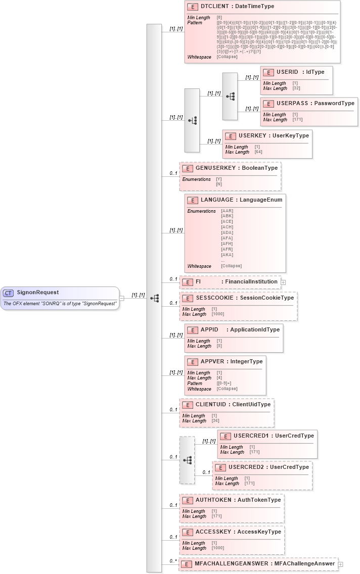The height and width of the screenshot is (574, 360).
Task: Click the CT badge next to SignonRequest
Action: click(x=9, y=293)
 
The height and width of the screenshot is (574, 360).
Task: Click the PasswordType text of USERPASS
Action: click(x=332, y=104)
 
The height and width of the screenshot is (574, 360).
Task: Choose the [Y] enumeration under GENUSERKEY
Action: click(x=218, y=179)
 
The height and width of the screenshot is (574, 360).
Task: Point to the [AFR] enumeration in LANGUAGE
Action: click(x=227, y=249)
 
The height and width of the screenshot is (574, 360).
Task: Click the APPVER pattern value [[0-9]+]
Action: click(x=224, y=384)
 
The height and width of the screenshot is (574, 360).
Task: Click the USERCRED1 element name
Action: click(x=251, y=436)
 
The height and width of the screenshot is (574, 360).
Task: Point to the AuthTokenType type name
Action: click(x=258, y=500)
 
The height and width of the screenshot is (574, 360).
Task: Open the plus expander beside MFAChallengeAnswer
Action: click(x=340, y=564)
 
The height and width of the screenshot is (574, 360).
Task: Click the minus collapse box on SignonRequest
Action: click(x=121, y=298)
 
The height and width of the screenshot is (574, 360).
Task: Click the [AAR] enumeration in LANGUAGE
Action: click(x=227, y=211)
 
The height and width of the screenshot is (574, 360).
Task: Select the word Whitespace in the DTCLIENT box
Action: click(x=199, y=57)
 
